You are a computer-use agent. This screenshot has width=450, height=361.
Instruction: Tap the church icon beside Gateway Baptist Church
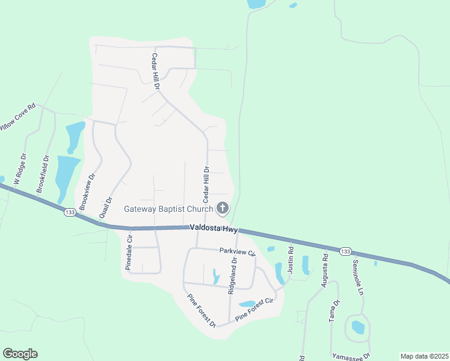click(223, 209)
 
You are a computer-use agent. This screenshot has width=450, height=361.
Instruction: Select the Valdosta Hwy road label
click(214, 229)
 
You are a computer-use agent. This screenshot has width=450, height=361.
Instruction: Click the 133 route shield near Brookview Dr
click(70, 212)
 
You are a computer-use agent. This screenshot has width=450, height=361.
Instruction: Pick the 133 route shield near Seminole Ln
click(345, 251)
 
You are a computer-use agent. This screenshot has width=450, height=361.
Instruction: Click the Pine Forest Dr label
click(202, 310)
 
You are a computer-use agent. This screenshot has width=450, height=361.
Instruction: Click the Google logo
click(20, 354)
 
